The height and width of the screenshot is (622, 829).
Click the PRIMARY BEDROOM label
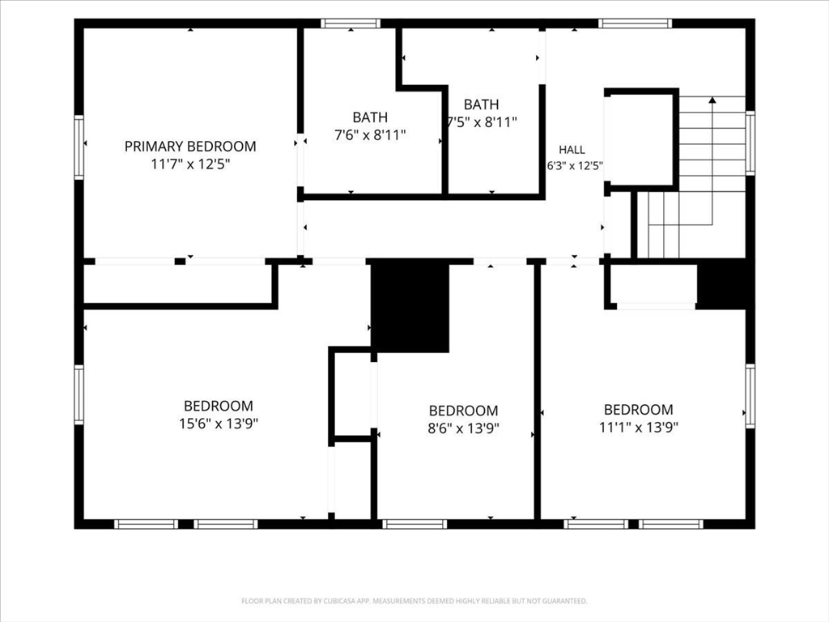point(190,146)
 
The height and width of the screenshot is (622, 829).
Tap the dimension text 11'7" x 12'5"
point(190,164)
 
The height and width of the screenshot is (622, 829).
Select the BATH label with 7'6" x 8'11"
point(370,117)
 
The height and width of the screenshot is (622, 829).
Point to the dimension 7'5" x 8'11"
point(481,122)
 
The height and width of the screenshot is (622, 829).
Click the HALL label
point(572,150)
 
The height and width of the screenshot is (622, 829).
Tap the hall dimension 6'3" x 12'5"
point(575,166)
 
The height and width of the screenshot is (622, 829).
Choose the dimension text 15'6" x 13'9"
point(219,424)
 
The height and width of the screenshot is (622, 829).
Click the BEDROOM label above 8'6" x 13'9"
point(463,411)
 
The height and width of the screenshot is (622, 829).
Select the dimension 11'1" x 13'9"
point(639,427)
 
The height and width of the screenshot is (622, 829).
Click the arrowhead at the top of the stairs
point(712,100)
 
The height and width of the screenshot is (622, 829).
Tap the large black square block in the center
point(410,307)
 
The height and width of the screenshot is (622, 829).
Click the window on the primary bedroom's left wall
point(79,147)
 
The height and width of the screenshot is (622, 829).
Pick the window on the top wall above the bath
point(351,23)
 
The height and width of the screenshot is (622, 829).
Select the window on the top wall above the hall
point(635,23)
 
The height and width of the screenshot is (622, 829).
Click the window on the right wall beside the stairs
point(750,143)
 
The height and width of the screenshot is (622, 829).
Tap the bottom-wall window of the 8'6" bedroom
point(414,524)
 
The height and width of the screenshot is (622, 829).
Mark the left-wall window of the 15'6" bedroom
point(79,394)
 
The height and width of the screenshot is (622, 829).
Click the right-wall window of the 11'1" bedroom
point(750,395)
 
